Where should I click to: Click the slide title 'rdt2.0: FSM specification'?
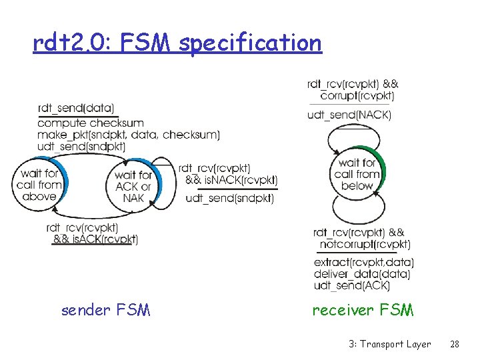click(177, 43)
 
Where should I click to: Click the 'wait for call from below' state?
click(357, 175)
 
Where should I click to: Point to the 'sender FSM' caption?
click(105, 310)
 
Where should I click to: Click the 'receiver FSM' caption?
click(363, 310)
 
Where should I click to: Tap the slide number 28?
click(455, 344)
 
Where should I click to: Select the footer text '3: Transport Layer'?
click(389, 344)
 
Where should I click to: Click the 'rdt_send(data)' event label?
click(76, 108)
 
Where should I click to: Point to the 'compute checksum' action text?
click(91, 123)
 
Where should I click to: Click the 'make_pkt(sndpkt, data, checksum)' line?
click(129, 135)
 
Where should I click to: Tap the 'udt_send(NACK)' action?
click(349, 115)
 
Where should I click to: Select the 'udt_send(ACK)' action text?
click(351, 285)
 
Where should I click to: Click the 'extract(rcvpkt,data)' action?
click(363, 262)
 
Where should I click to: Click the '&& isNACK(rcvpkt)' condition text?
click(231, 180)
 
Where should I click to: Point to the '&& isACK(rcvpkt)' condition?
click(95, 239)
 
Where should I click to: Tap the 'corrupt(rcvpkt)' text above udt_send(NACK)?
click(357, 96)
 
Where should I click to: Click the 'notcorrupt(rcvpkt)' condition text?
click(365, 245)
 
